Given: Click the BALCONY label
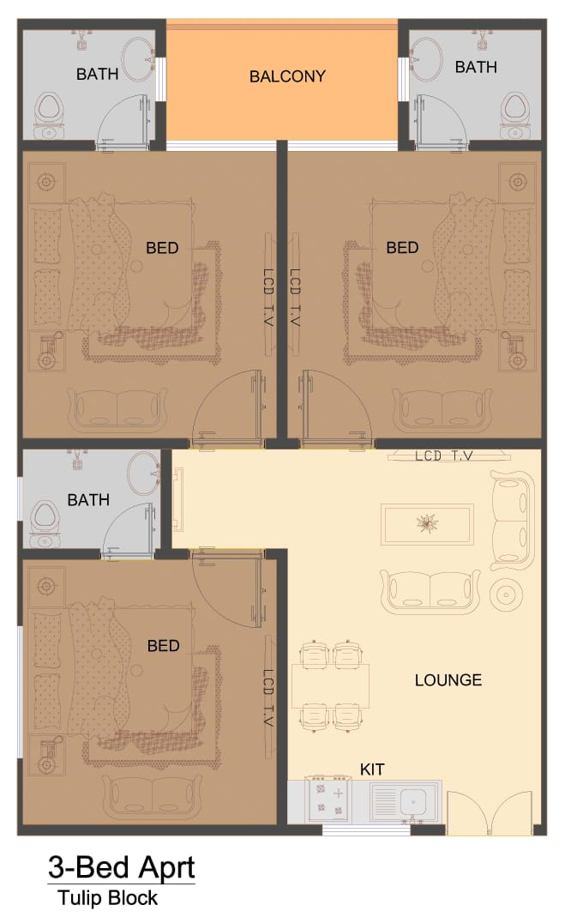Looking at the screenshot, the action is pyautogui.click(x=287, y=76).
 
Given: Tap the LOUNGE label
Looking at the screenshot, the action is pyautogui.click(x=448, y=679).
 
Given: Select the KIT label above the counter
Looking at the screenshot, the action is pyautogui.click(x=372, y=769).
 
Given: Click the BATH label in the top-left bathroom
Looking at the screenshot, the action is pyautogui.click(x=97, y=75).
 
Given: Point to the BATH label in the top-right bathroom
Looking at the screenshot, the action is pyautogui.click(x=476, y=67).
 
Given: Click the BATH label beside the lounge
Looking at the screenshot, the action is pyautogui.click(x=88, y=500).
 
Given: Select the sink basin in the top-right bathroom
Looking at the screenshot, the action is pyautogui.click(x=425, y=60).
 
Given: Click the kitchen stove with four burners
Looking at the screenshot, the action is pyautogui.click(x=328, y=800).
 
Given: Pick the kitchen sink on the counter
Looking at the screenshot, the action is pyautogui.click(x=406, y=801).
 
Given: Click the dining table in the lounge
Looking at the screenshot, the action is pyautogui.click(x=330, y=686).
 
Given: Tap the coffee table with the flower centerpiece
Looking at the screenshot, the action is pyautogui.click(x=427, y=523).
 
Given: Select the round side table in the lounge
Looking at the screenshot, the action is pyautogui.click(x=506, y=594).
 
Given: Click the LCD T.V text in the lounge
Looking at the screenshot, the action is pyautogui.click(x=444, y=455).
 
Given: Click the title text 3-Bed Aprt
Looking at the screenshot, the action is pyautogui.click(x=121, y=867).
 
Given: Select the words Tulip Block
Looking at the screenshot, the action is pyautogui.click(x=107, y=898).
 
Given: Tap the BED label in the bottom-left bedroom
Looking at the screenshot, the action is pyautogui.click(x=163, y=646).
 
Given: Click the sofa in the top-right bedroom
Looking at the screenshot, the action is pyautogui.click(x=442, y=409).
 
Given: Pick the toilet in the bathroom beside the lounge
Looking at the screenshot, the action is pyautogui.click(x=44, y=523).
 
